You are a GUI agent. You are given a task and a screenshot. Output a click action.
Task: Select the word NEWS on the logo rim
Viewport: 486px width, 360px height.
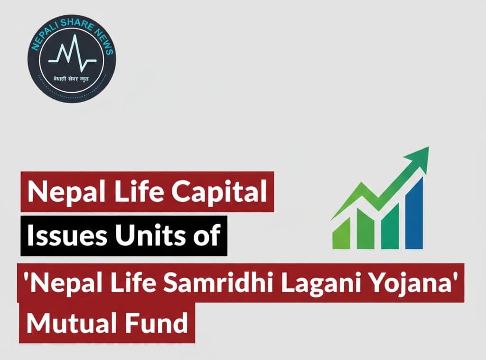click(101, 38)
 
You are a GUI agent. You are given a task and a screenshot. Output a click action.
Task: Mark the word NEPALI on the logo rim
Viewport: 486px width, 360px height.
click(42, 38)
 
